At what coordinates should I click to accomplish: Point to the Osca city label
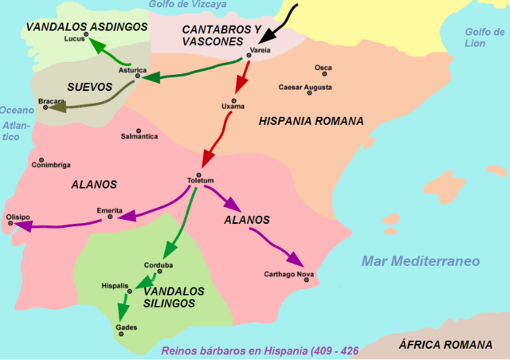pos(323,68)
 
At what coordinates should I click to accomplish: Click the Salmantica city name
pos(139,137)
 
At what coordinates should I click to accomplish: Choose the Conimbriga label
pos(50,165)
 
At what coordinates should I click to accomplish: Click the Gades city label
pos(126,327)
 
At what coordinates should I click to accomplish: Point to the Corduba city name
pos(159,265)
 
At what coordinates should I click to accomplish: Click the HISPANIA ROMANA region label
pos(311,122)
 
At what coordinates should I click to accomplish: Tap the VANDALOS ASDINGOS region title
pos(86,26)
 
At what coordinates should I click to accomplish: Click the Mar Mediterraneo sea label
pos(420,261)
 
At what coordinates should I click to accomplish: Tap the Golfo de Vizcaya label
pos(187,5)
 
